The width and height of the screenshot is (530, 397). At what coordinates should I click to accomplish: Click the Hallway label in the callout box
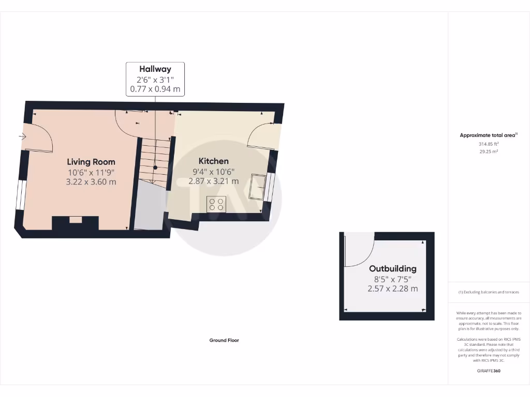155,69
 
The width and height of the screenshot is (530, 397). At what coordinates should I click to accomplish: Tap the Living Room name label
91,162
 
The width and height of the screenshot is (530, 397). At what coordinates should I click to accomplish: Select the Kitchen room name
213,161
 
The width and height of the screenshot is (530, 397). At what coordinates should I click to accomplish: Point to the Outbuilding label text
392,269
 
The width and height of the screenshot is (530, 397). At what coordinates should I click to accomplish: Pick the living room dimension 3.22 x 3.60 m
91,182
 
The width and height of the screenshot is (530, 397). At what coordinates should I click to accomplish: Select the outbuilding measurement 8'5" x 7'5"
392,279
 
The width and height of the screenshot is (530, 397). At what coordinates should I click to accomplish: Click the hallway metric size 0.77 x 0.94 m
155,89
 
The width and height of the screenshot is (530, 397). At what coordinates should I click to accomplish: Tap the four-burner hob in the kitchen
216,205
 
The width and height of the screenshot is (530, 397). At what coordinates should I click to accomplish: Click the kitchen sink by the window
257,187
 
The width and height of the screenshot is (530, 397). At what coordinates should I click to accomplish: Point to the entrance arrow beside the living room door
22,136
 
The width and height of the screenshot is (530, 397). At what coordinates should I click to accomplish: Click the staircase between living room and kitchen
155,158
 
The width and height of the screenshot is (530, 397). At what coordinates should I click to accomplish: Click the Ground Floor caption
224,340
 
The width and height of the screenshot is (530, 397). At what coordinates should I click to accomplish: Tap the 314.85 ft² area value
489,144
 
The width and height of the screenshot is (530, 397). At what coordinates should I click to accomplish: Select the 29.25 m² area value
489,151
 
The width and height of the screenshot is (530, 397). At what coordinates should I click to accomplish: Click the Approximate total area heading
488,135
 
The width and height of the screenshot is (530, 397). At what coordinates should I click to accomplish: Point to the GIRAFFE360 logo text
489,371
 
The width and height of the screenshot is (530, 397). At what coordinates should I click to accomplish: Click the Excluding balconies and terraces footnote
489,292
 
